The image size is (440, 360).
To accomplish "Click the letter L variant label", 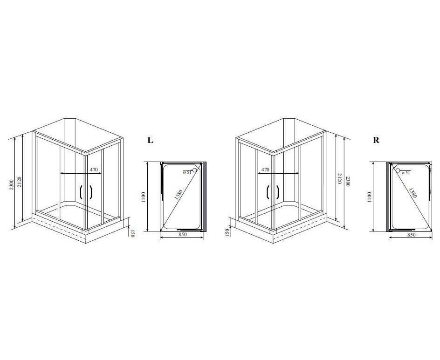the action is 151,140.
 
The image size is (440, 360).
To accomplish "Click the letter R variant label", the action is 376,140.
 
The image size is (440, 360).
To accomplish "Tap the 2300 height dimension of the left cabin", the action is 12,184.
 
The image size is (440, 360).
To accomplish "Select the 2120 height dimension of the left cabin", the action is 19,182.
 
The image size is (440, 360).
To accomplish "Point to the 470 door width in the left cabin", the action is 94,170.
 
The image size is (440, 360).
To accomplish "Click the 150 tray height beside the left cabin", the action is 133,233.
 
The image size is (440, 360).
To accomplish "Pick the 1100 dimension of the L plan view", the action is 144,197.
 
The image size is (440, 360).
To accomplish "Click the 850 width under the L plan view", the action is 182,235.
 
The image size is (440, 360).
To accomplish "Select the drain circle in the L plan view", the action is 194,170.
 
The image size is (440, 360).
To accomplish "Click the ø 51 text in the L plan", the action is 187,172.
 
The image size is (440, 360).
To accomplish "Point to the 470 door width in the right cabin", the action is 265,170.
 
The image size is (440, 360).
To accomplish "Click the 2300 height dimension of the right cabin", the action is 348,182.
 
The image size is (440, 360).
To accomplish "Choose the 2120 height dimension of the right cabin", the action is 339,178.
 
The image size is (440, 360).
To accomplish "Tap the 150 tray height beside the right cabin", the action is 227,232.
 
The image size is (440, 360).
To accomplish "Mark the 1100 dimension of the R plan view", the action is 369,197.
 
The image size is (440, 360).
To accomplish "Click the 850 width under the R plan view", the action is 411,235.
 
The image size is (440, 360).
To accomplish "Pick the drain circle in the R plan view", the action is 398,170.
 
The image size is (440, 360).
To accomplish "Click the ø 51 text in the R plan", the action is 406,172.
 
